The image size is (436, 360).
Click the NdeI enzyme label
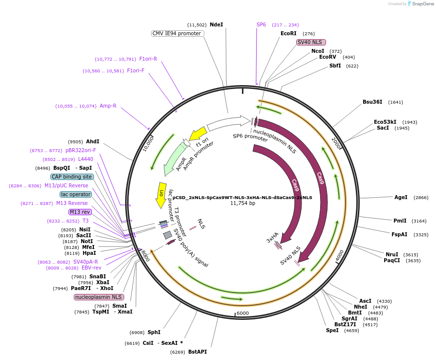[216, 24]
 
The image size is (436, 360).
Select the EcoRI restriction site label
[288, 33]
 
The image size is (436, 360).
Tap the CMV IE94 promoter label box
[176, 33]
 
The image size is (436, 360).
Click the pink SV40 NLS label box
[311, 42]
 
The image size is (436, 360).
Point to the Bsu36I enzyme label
[372, 102]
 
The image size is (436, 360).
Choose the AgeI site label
[401, 197]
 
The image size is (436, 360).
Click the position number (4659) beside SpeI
[351, 331]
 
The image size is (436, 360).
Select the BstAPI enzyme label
[197, 352]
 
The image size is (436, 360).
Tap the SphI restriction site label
[154, 332]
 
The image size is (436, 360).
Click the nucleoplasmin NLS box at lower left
[99, 297]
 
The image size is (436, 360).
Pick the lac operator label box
[76, 194]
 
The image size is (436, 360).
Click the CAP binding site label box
[71, 177]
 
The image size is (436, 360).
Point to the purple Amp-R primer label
[108, 106]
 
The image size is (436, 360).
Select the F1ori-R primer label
[148, 59]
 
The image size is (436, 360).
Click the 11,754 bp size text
[242, 203]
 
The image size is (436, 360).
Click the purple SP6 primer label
[261, 24]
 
